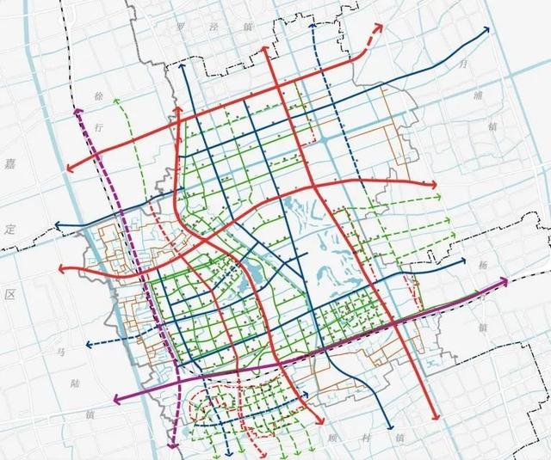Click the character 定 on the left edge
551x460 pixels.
pos(11,230)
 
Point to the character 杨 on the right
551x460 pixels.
pos(481,266)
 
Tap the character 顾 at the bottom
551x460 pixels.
pos(332,438)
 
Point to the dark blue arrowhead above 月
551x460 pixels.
pos(488,30)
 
